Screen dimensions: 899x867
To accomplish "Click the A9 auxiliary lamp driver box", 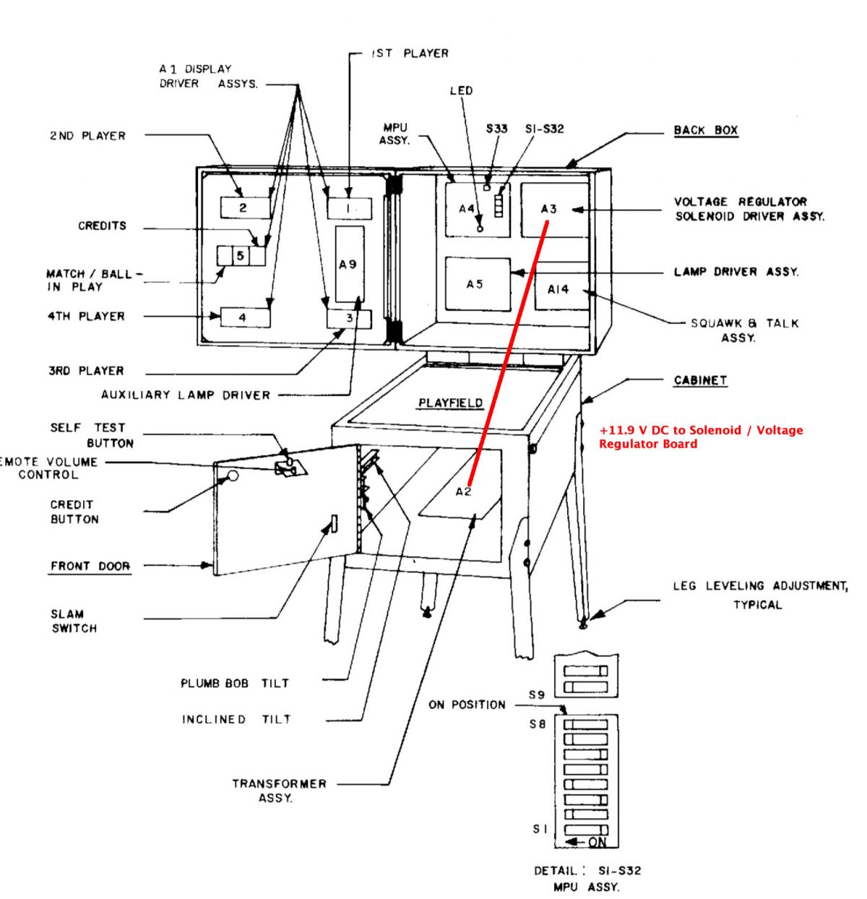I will pyautogui.click(x=350, y=264).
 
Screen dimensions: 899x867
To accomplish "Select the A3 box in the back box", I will pyautogui.click(x=554, y=210).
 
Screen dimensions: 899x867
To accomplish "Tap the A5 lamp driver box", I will pyautogui.click(x=477, y=284).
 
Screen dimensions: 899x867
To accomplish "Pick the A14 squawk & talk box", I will pyautogui.click(x=561, y=289).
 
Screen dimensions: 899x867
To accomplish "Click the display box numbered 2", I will pyautogui.click(x=244, y=207).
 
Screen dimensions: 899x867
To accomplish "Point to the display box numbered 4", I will pyautogui.click(x=244, y=317).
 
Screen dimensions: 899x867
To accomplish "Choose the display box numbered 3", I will pyautogui.click(x=349, y=319).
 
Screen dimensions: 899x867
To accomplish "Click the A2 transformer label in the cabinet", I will pyautogui.click(x=463, y=492).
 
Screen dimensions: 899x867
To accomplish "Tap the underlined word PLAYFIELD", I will pyautogui.click(x=451, y=403).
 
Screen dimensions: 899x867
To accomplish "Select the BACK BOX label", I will pyautogui.click(x=705, y=130).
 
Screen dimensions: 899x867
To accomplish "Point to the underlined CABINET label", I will pyautogui.click(x=699, y=380).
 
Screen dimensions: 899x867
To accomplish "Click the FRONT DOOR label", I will pyautogui.click(x=90, y=566).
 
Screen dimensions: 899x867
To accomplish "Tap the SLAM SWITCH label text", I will pyautogui.click(x=74, y=621).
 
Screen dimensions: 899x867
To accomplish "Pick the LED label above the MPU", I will pyautogui.click(x=461, y=91).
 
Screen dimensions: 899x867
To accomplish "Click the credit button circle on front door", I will pyautogui.click(x=233, y=476).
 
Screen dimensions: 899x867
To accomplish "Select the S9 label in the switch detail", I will pyautogui.click(x=536, y=695).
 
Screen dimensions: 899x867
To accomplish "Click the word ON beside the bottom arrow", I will pyautogui.click(x=598, y=843).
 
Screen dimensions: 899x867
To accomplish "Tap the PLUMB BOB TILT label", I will pyautogui.click(x=235, y=683).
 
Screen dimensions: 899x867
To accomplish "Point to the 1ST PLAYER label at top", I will pyautogui.click(x=410, y=53).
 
